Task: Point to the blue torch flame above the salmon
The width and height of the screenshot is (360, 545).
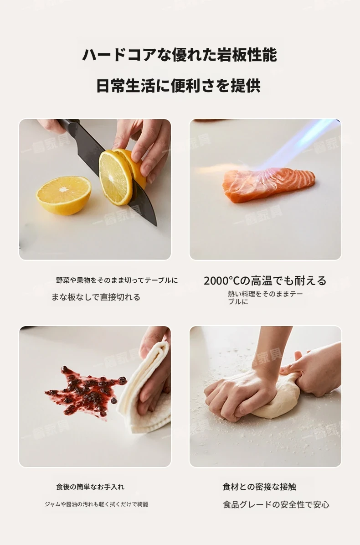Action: pos(295,145)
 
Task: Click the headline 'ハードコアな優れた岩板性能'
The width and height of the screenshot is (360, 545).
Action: pos(180,55)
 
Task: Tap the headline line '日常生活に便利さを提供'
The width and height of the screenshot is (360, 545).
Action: pos(179,85)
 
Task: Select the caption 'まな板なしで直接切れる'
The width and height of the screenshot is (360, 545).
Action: pos(96,297)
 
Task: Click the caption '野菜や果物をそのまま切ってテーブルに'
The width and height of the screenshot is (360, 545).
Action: pos(117,280)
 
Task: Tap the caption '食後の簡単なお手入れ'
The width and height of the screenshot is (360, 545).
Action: pos(90,487)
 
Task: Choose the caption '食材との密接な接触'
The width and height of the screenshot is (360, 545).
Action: pos(259,487)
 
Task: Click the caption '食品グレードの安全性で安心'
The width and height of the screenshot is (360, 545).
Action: pos(276,504)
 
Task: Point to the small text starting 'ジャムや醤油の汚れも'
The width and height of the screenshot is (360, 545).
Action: pos(96,504)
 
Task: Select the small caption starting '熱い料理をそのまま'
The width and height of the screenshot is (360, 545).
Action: pos(265,297)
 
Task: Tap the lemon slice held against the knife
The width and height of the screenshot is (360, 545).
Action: pos(116,177)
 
